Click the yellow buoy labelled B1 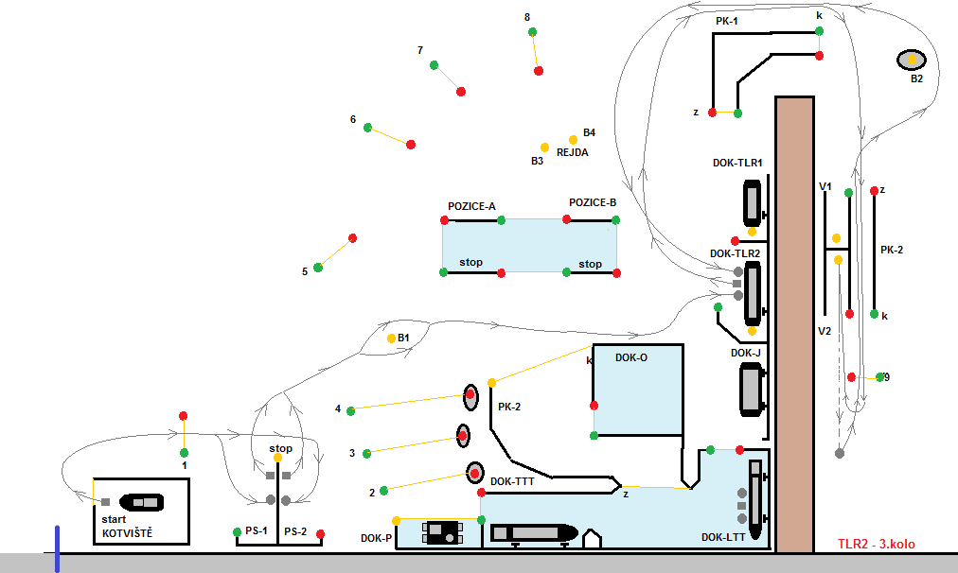(x=390, y=338)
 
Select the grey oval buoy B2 (x=912, y=60)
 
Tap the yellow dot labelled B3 (x=544, y=148)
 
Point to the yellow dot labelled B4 (x=573, y=140)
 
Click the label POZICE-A (x=471, y=206)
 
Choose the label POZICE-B (x=593, y=202)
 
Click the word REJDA (x=572, y=152)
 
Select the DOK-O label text (x=631, y=357)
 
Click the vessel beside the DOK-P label (x=441, y=532)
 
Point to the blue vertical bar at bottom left (x=57, y=549)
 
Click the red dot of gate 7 (x=461, y=92)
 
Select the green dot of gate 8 (x=532, y=32)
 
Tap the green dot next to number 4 (x=351, y=410)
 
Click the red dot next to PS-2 (x=321, y=535)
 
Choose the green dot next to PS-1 (x=237, y=532)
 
